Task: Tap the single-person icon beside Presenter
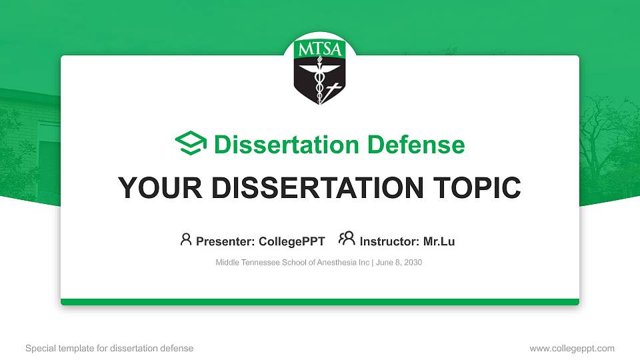click(186, 239)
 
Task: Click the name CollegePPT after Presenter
click(291, 241)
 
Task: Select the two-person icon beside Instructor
click(347, 239)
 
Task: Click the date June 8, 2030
click(399, 263)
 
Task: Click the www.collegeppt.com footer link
click(572, 348)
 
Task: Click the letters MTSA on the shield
click(320, 50)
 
